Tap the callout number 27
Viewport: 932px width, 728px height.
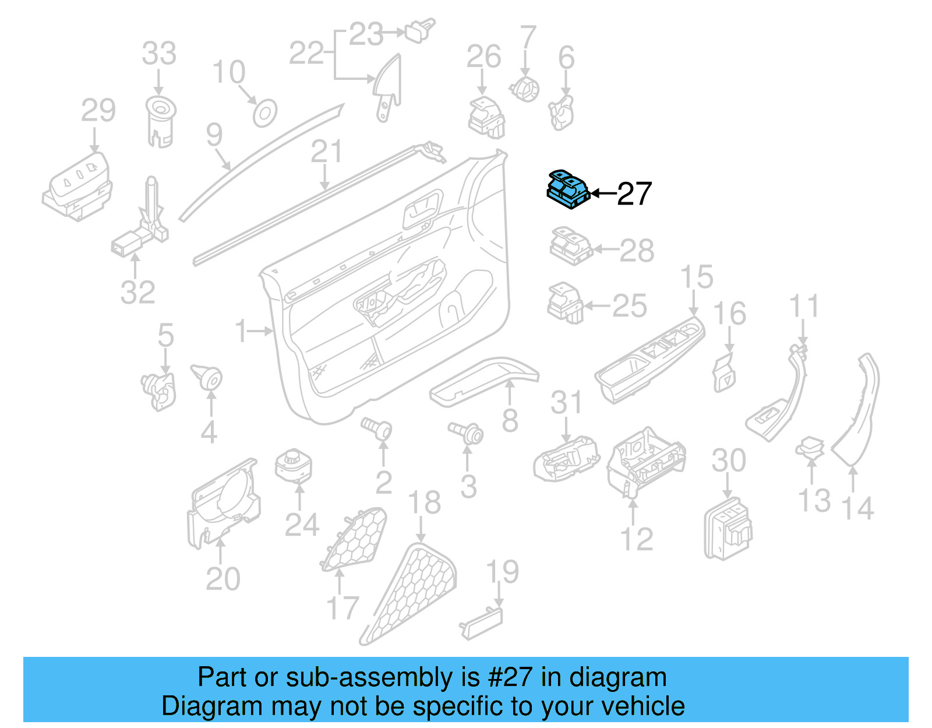pyautogui.click(x=634, y=194)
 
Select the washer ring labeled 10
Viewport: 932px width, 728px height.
pyautogui.click(x=264, y=113)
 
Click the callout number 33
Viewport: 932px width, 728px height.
pyautogui.click(x=159, y=54)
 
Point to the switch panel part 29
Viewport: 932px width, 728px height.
pyautogui.click(x=79, y=187)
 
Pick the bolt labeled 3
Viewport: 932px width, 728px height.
pyautogui.click(x=467, y=433)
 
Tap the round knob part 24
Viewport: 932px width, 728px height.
pyautogui.click(x=294, y=466)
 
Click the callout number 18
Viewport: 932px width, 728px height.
pyautogui.click(x=424, y=502)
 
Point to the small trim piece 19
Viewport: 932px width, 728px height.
pyautogui.click(x=482, y=623)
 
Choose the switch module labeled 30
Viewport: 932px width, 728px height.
pyautogui.click(x=728, y=527)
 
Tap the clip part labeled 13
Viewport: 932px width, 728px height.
pyautogui.click(x=810, y=448)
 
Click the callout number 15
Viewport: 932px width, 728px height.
pyautogui.click(x=696, y=277)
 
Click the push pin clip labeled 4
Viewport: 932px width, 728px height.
pyautogui.click(x=207, y=377)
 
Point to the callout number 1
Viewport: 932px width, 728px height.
pyautogui.click(x=241, y=331)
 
